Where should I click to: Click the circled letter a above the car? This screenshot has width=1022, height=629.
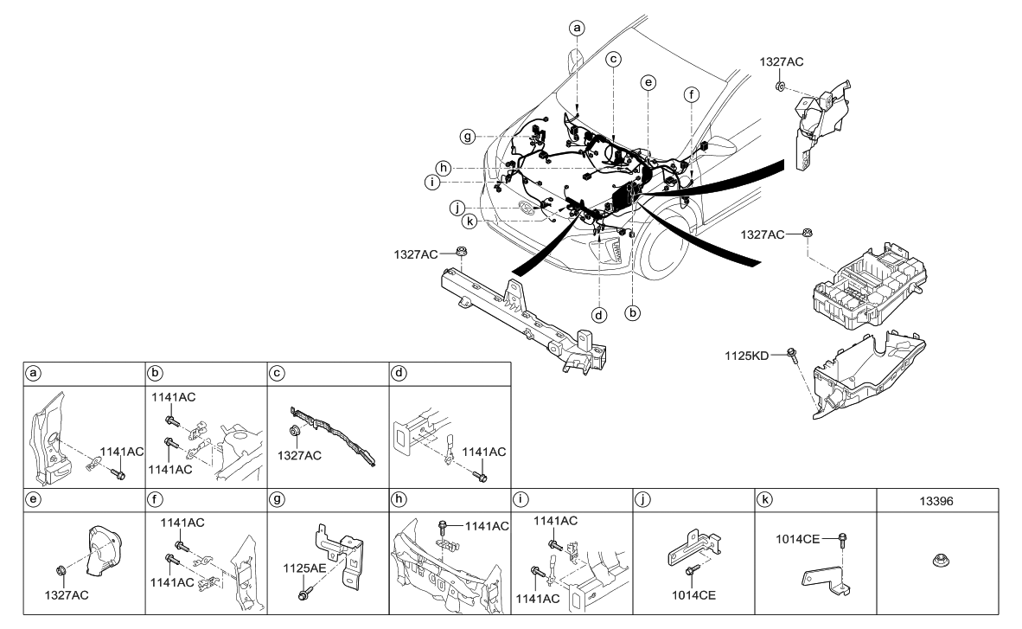[x=578, y=28]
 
